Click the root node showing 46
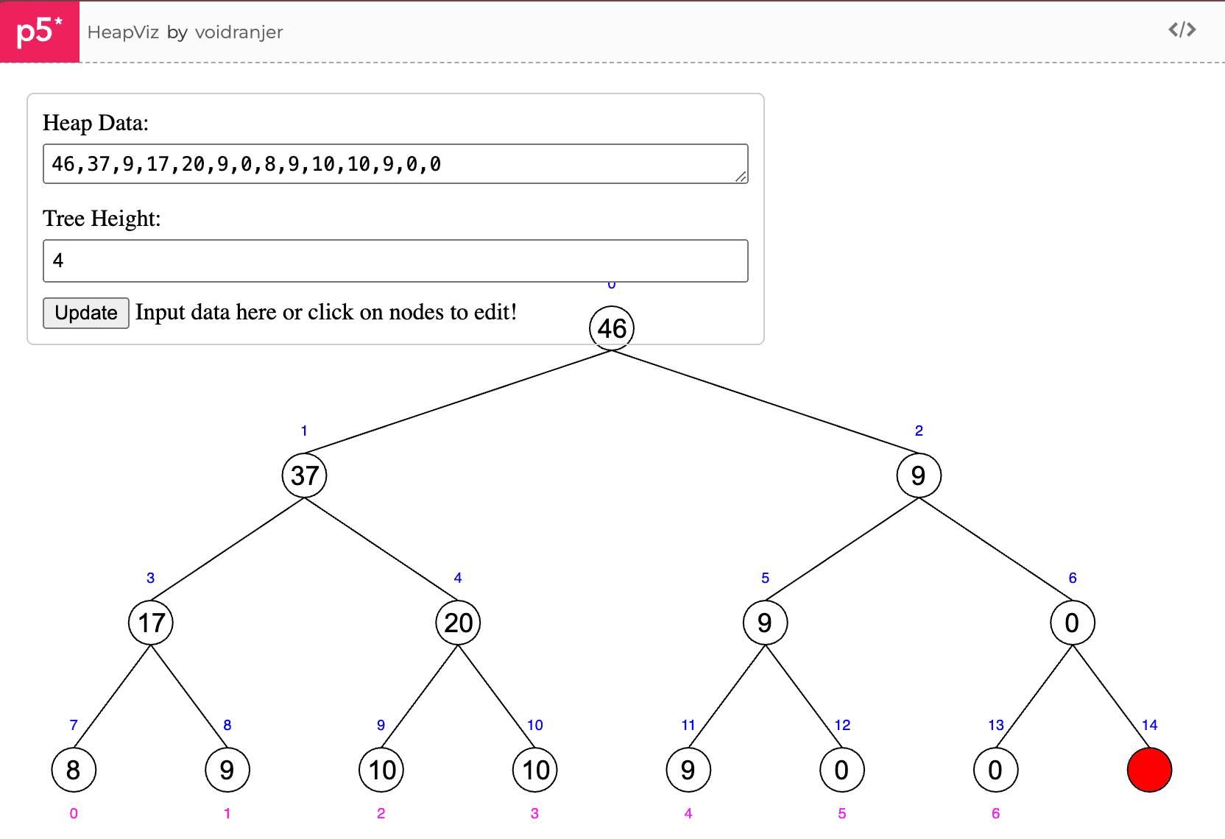click(x=612, y=328)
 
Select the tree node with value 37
click(x=304, y=475)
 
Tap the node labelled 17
click(x=150, y=623)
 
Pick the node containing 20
click(x=458, y=623)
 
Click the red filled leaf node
click(x=1149, y=770)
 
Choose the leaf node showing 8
click(x=74, y=770)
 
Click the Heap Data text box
click(x=395, y=163)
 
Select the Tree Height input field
click(x=395, y=261)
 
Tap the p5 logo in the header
click(x=39, y=31)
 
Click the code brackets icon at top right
click(x=1182, y=29)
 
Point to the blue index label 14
click(x=1149, y=725)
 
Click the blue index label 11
click(x=688, y=725)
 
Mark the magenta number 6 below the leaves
click(x=995, y=813)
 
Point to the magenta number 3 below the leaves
click(x=534, y=813)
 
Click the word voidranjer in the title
click(x=239, y=32)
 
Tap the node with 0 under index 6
click(x=1073, y=623)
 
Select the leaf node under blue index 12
click(x=841, y=770)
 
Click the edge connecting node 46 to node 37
click(x=458, y=402)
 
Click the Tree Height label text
click(x=102, y=219)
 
